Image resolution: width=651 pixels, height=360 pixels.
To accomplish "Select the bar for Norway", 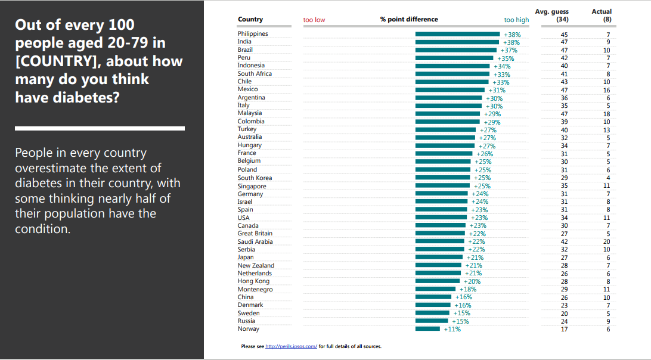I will coord(427,328).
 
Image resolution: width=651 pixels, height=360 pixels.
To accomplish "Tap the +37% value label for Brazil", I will coord(509,50).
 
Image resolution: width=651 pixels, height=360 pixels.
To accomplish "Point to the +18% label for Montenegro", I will coord(468,289).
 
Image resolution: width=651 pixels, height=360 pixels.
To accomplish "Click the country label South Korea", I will coord(255,178).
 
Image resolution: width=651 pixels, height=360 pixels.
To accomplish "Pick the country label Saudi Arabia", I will coord(255,241).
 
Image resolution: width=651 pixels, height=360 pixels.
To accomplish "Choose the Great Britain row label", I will coord(255,234).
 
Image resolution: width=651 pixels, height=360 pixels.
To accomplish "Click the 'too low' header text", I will coord(314,20).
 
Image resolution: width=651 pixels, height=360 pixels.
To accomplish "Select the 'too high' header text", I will coord(516,20).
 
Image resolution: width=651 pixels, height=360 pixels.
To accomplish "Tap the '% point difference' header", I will coord(409,19).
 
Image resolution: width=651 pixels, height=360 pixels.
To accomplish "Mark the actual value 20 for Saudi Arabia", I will coord(607,242).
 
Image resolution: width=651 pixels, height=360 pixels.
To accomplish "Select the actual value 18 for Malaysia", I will coord(607,114).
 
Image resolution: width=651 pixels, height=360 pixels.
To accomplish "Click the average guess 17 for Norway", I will coord(564,329).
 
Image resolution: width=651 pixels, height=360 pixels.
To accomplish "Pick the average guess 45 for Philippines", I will coord(564,35).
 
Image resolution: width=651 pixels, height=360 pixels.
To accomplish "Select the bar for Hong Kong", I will coord(439,281).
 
